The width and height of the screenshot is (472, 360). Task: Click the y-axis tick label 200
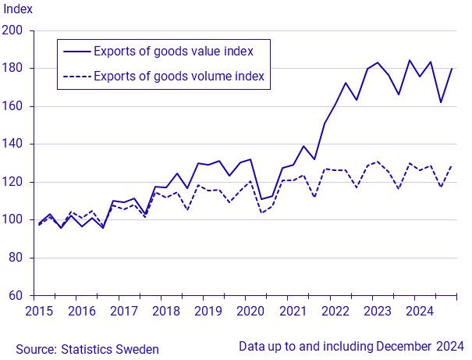click(15, 31)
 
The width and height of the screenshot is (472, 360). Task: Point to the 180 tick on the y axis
click(15, 69)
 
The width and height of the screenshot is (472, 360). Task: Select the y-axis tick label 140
click(15, 144)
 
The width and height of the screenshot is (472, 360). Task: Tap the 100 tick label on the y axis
click(15, 220)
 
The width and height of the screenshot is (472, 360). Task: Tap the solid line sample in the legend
click(76, 52)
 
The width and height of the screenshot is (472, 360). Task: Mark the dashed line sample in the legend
click(76, 77)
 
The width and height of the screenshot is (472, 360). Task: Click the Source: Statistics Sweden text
click(87, 349)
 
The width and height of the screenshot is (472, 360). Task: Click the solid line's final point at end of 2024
click(452, 69)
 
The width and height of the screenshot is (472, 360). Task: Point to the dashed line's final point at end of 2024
click(452, 166)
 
